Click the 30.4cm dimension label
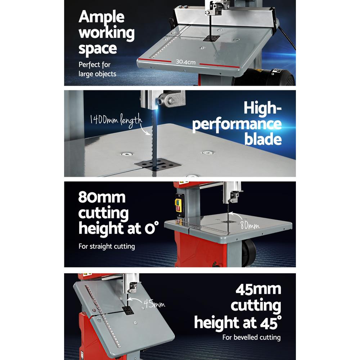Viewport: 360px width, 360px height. [186, 62]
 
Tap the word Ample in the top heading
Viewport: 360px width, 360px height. [102, 17]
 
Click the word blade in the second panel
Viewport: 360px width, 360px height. [263, 139]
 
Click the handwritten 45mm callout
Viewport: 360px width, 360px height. [154, 304]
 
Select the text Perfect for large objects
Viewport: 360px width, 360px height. [97, 69]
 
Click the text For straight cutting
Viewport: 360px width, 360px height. [107, 247]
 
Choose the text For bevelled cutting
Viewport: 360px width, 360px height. [251, 337]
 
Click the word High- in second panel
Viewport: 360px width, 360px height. [262, 108]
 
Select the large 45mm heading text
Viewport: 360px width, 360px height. [258, 289]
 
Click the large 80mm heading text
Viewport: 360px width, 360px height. [102, 198]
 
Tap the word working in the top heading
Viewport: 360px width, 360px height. [107, 33]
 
